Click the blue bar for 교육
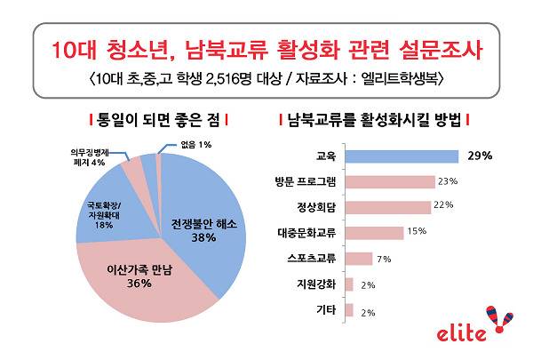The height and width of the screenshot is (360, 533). tap(400, 156)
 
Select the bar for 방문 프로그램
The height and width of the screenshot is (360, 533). tap(388, 182)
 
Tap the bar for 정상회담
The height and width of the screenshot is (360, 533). tap(386, 207)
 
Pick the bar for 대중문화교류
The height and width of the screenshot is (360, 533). tap(371, 233)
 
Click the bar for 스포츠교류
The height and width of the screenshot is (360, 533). tap(357, 259)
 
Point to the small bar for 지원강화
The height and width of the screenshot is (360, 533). tap(347, 284)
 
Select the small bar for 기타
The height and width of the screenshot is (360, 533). tap(347, 310)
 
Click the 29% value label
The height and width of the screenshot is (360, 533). tap(480, 156)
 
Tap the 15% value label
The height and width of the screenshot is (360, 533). tap(416, 233)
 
